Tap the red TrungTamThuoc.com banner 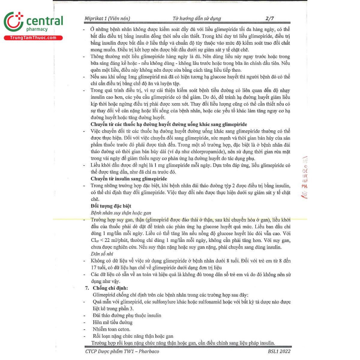[x=33, y=38]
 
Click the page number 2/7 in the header [x=270, y=18]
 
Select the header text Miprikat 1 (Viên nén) [x=107, y=19]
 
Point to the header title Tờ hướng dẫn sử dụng [x=197, y=19]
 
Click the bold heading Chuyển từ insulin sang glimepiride [x=129, y=179]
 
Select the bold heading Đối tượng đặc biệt [x=111, y=206]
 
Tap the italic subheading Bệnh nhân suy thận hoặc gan [x=121, y=213]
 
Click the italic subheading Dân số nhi [x=102, y=254]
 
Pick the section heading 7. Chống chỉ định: [x=107, y=288]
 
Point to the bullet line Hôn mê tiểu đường [x=112, y=322]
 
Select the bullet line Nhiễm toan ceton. [x=111, y=329]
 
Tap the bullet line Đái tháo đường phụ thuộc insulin [x=127, y=316]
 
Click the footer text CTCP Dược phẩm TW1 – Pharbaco [x=122, y=352]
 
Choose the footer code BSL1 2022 [x=279, y=352]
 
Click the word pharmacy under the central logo [x=37, y=29]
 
